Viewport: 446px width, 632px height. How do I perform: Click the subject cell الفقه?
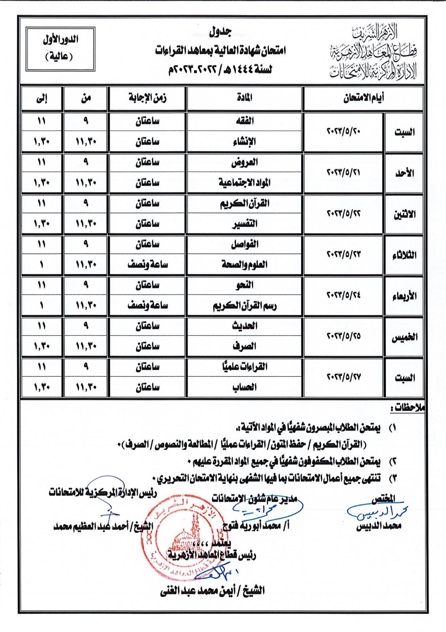click(245, 121)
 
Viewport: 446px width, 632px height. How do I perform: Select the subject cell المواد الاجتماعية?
click(245, 182)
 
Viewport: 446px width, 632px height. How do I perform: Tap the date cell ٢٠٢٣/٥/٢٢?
click(343, 213)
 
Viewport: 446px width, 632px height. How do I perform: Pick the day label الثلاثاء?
click(404, 255)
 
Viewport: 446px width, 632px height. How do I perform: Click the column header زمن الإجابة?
click(147, 98)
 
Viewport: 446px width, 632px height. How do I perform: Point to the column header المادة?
click(245, 98)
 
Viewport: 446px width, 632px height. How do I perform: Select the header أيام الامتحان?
click(363, 98)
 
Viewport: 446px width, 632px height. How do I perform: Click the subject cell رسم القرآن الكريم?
click(245, 306)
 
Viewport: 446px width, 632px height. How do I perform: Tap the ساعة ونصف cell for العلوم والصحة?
click(147, 264)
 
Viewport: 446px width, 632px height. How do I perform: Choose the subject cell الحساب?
click(245, 387)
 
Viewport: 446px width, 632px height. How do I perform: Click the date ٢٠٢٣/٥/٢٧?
click(343, 377)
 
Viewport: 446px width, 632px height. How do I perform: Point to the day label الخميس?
click(404, 337)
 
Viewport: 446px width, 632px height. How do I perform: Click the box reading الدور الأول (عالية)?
click(60, 49)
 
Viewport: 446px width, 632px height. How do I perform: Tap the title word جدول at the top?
click(220, 32)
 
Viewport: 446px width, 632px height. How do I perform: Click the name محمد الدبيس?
click(378, 526)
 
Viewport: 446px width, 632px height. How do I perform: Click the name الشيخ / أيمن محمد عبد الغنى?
click(212, 591)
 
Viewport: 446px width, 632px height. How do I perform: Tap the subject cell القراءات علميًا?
click(245, 367)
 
